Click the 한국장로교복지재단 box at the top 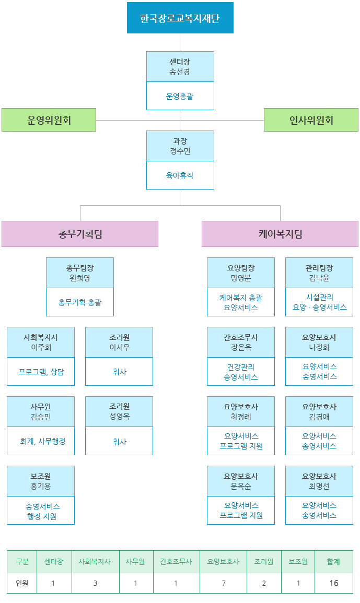point(180,18)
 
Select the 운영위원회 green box point(49,120)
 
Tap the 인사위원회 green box point(311,120)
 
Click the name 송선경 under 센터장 point(180,72)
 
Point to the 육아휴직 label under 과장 point(180,175)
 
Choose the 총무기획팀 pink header point(80,234)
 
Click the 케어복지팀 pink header point(280,234)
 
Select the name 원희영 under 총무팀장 point(80,278)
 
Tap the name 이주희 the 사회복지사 point(41,347)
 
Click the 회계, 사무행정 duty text point(41,442)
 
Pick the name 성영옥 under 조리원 point(119,417)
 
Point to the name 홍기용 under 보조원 point(41,486)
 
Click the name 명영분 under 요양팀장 point(241,278)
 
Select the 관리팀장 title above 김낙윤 point(319,268)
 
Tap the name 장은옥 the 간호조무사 point(241,347)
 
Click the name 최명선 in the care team point(319,486)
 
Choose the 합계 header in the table point(333,562)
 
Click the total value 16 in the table point(333,583)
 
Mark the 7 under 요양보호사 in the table point(223,583)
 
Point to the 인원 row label point(22,583)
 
